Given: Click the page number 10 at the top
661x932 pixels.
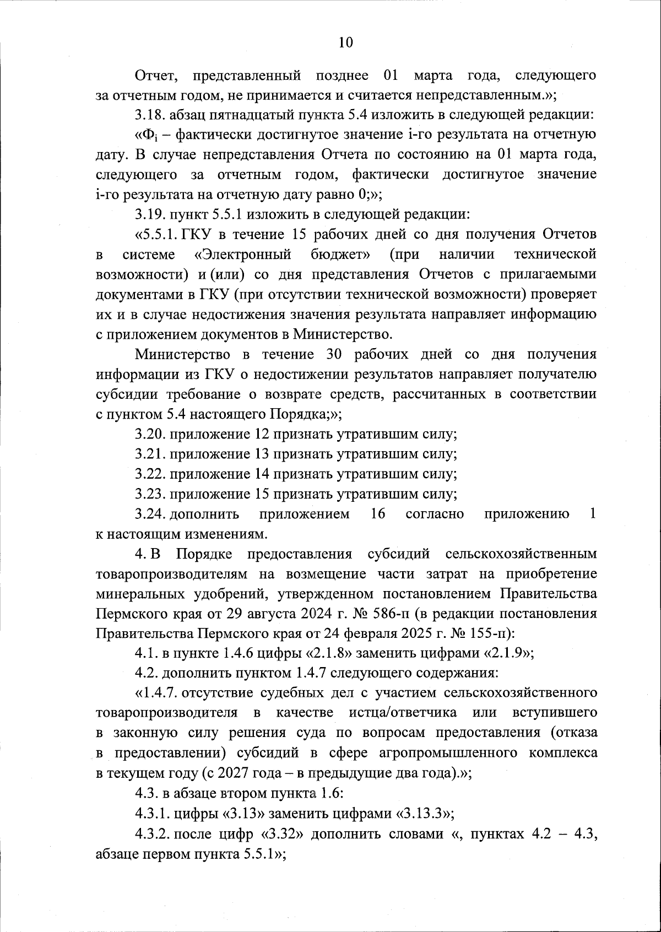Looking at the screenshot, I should pyautogui.click(x=345, y=43).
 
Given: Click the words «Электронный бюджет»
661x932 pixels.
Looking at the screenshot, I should pyautogui.click(x=282, y=254).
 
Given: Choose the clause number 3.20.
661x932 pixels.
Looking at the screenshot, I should pyautogui.click(x=150, y=434).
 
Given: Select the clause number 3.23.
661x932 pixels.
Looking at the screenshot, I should pyautogui.click(x=150, y=494).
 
